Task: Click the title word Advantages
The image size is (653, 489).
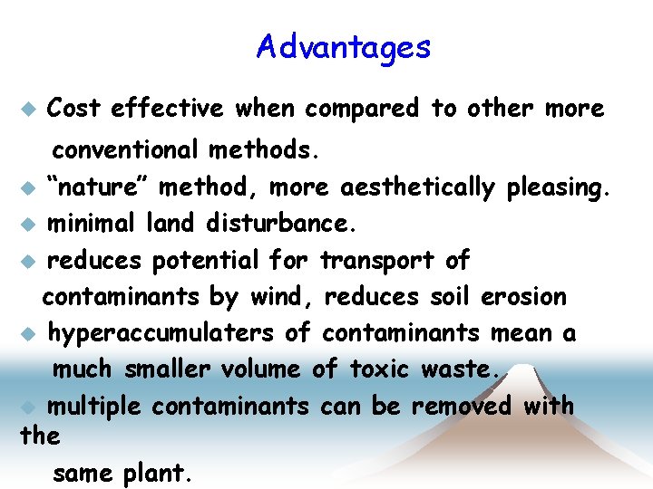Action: pyautogui.click(x=343, y=46)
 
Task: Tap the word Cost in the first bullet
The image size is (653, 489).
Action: pyautogui.click(x=73, y=109)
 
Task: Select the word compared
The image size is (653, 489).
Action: pyautogui.click(x=362, y=110)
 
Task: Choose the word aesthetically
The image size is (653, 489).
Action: pyautogui.click(x=417, y=188)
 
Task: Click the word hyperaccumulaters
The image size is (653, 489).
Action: pyautogui.click(x=161, y=333)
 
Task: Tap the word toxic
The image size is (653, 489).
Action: pyautogui.click(x=378, y=369)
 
